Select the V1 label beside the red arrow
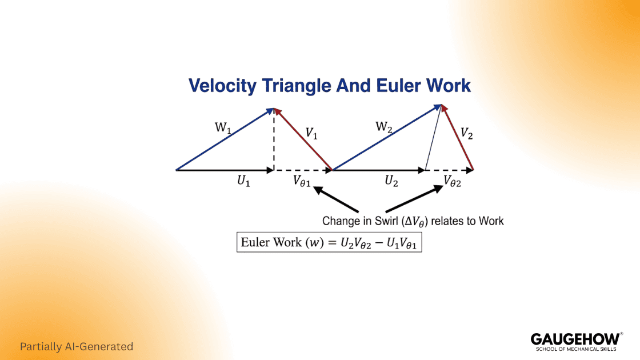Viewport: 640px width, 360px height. [311, 133]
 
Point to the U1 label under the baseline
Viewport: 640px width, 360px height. [244, 181]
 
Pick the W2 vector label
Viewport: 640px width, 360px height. [383, 127]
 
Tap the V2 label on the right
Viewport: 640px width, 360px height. [466, 134]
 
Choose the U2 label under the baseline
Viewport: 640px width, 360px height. [391, 181]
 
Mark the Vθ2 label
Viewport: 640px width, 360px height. [453, 182]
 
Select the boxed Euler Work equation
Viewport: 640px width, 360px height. [329, 242]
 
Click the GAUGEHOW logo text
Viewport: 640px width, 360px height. [575, 339]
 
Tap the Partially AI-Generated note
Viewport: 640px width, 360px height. [77, 346]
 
